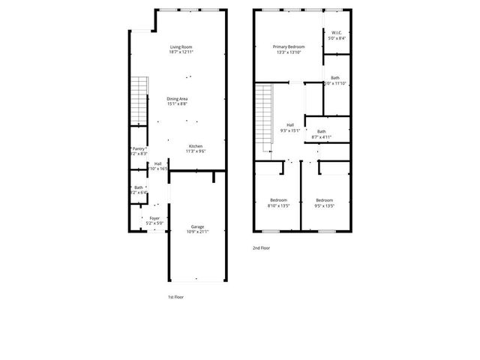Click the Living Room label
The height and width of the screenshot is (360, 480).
click(x=181, y=47)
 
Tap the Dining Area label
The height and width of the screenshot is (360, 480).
click(x=177, y=99)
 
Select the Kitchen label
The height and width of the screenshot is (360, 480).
click(x=196, y=145)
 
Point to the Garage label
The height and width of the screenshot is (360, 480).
click(x=197, y=226)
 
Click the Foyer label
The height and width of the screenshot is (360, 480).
click(x=154, y=218)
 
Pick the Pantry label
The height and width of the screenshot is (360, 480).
click(x=139, y=148)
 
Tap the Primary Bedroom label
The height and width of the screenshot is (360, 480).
click(x=289, y=47)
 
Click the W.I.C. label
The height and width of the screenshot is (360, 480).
click(x=337, y=32)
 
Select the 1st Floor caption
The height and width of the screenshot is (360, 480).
click(x=175, y=297)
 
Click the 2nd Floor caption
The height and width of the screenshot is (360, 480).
click(x=261, y=247)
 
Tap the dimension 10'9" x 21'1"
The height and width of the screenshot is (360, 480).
click(x=197, y=232)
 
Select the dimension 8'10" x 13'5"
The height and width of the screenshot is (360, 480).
click(x=279, y=205)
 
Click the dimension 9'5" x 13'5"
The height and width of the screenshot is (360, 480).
click(x=324, y=205)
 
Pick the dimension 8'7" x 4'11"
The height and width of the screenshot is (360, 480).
click(x=321, y=136)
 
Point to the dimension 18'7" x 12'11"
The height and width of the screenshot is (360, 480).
click(x=181, y=52)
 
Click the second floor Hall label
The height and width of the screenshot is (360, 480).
click(x=290, y=125)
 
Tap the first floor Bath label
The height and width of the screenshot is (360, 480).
click(x=139, y=187)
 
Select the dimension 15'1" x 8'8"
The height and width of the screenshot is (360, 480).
click(x=177, y=104)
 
